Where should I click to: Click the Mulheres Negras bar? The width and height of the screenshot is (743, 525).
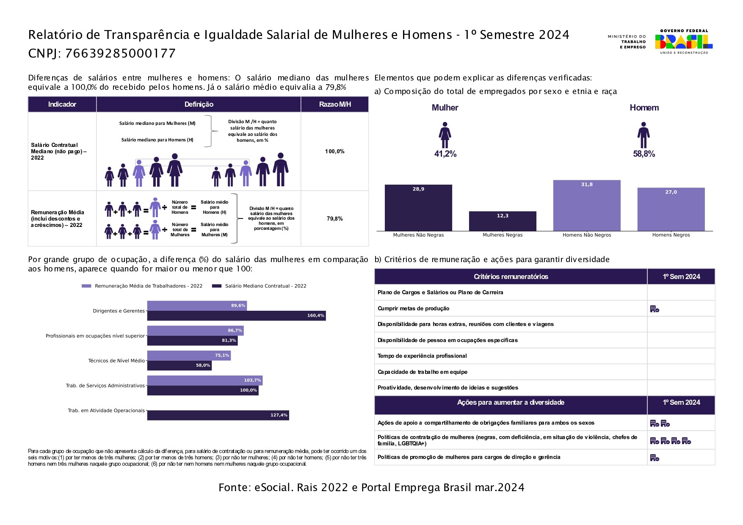coord(503,221)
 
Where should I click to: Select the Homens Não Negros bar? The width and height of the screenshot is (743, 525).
coord(587,206)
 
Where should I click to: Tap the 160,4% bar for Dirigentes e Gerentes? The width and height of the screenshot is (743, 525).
coord(236,316)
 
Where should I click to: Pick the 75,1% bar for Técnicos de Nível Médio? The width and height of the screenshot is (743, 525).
coord(189,356)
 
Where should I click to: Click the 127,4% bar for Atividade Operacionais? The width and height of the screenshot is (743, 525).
coord(218,415)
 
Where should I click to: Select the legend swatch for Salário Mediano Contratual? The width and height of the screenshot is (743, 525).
coord(217,286)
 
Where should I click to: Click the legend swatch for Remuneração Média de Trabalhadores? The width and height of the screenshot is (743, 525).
coord(86,286)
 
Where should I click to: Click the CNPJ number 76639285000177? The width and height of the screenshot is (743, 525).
coord(120,53)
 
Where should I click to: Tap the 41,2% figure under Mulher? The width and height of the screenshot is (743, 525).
coord(445,154)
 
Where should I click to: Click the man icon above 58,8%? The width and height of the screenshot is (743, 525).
coord(644,135)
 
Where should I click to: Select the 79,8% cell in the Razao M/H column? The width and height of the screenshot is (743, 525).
coord(334,219)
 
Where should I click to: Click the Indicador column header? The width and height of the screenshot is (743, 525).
coord(62,105)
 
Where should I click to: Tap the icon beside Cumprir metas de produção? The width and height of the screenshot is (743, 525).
coord(655,309)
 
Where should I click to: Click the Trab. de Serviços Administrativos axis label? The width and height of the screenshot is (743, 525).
coord(105,386)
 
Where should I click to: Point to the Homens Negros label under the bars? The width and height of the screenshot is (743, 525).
coord(671,235)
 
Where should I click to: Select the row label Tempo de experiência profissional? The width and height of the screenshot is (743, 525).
coord(422,356)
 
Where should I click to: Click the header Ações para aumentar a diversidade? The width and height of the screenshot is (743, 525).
coord(511,403)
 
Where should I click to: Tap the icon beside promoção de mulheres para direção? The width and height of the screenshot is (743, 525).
coord(655,458)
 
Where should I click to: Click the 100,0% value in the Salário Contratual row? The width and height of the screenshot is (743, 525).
coord(334,152)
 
